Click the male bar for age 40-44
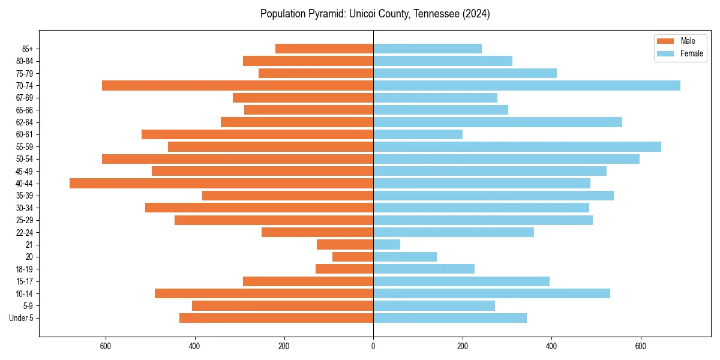click(221, 183)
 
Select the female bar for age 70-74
click(527, 85)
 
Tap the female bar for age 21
click(386, 244)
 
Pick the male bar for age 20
click(353, 257)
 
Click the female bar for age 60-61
click(418, 134)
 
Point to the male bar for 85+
click(324, 49)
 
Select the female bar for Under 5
click(450, 318)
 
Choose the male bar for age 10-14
click(264, 293)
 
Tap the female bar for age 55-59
click(517, 146)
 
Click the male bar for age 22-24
click(317, 232)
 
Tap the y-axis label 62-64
click(23, 122)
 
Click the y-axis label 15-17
click(23, 281)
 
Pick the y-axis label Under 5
click(22, 318)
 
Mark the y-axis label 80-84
click(23, 61)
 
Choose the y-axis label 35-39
click(23, 196)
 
